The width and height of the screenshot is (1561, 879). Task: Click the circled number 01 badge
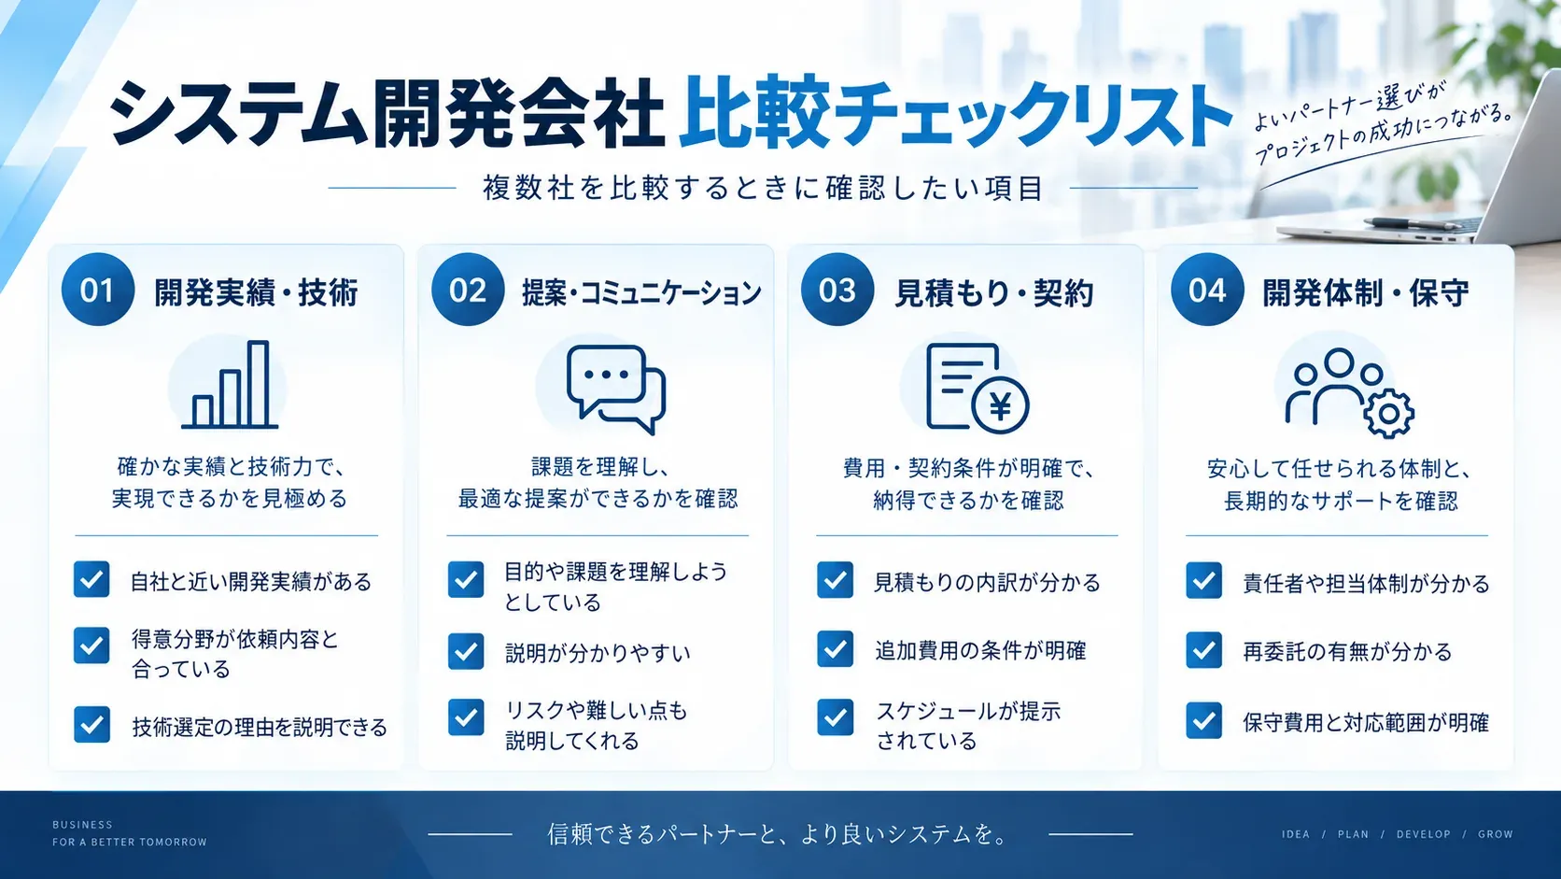(97, 290)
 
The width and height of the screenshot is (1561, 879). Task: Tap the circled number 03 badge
(837, 290)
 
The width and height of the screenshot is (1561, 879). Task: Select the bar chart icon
(230, 384)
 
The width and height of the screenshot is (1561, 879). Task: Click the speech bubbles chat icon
(616, 389)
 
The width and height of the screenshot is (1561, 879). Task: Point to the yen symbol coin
(1000, 405)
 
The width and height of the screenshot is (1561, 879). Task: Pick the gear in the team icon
(1388, 414)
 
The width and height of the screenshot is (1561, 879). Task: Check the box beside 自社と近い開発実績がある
(91, 579)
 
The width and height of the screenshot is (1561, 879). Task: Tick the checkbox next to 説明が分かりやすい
(466, 651)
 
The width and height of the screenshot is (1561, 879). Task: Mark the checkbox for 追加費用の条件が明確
(835, 649)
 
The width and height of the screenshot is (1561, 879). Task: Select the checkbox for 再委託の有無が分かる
(1203, 649)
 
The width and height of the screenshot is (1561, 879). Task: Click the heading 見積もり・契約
(993, 292)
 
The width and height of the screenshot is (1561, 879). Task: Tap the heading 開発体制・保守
(1366, 292)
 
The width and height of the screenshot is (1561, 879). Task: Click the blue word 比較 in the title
(754, 113)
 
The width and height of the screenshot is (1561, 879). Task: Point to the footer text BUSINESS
(82, 825)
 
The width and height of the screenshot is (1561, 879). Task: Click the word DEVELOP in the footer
(1423, 834)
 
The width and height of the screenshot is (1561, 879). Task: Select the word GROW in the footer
(1496, 834)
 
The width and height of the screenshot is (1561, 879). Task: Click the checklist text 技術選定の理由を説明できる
(260, 727)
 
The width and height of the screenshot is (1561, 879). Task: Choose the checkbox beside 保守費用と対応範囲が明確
(1203, 720)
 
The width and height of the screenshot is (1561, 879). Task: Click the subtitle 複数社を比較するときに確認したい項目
(764, 188)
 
